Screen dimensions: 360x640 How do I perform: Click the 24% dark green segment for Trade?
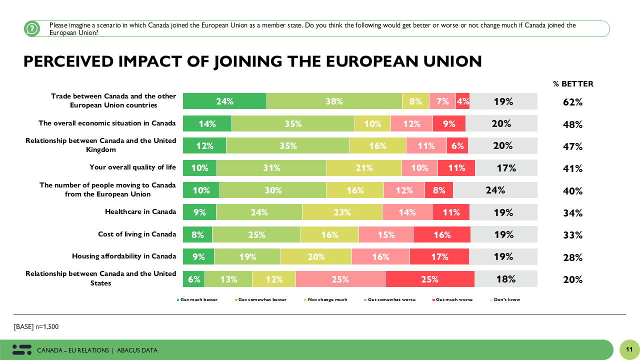[224, 101]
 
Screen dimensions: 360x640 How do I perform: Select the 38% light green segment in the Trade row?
[334, 101]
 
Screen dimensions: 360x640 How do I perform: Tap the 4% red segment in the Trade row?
[462, 101]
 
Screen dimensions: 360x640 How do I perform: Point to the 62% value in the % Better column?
[573, 102]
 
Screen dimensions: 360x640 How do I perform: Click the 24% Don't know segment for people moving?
[495, 190]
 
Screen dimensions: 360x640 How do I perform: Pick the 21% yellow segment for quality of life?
[364, 168]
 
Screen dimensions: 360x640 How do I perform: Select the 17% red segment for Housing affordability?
[439, 256]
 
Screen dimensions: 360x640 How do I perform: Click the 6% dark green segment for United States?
[194, 279]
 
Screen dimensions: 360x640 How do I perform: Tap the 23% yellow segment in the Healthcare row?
[342, 212]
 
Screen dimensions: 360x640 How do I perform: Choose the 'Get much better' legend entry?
[198, 299]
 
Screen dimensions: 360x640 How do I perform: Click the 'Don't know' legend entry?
[506, 299]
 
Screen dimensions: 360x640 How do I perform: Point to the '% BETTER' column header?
[573, 84]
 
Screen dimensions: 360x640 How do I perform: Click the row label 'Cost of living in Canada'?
[137, 234]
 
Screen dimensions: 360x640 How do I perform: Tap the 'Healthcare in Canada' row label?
[140, 211]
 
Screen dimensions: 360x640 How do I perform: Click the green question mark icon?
[32, 28]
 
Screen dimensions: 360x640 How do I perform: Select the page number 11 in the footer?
[629, 349]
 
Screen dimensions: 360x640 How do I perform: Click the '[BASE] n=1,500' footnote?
[36, 326]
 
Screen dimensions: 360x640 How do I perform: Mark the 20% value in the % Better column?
[573, 279]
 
